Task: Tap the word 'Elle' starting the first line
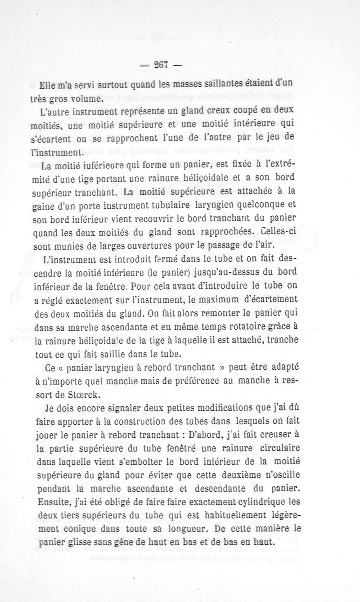(48, 84)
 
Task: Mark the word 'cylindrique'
(242, 502)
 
